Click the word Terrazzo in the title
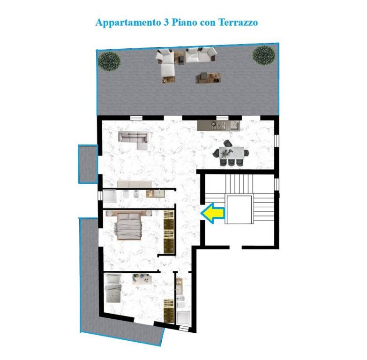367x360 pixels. [238, 22]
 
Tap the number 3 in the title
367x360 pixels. [165, 22]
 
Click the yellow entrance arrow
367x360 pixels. [212, 213]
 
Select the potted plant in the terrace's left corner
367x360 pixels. [109, 61]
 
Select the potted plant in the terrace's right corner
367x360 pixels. [264, 55]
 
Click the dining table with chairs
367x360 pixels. [231, 153]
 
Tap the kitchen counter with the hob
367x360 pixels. [218, 126]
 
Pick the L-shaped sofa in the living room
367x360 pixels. [134, 140]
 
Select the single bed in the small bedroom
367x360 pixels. [113, 288]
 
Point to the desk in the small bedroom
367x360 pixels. [142, 278]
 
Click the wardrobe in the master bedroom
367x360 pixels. [169, 232]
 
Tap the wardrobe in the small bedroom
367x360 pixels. [169, 310]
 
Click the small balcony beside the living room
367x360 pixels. [88, 164]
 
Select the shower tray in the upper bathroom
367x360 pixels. [110, 196]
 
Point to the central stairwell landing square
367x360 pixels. [239, 209]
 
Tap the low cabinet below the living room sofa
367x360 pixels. [135, 184]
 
